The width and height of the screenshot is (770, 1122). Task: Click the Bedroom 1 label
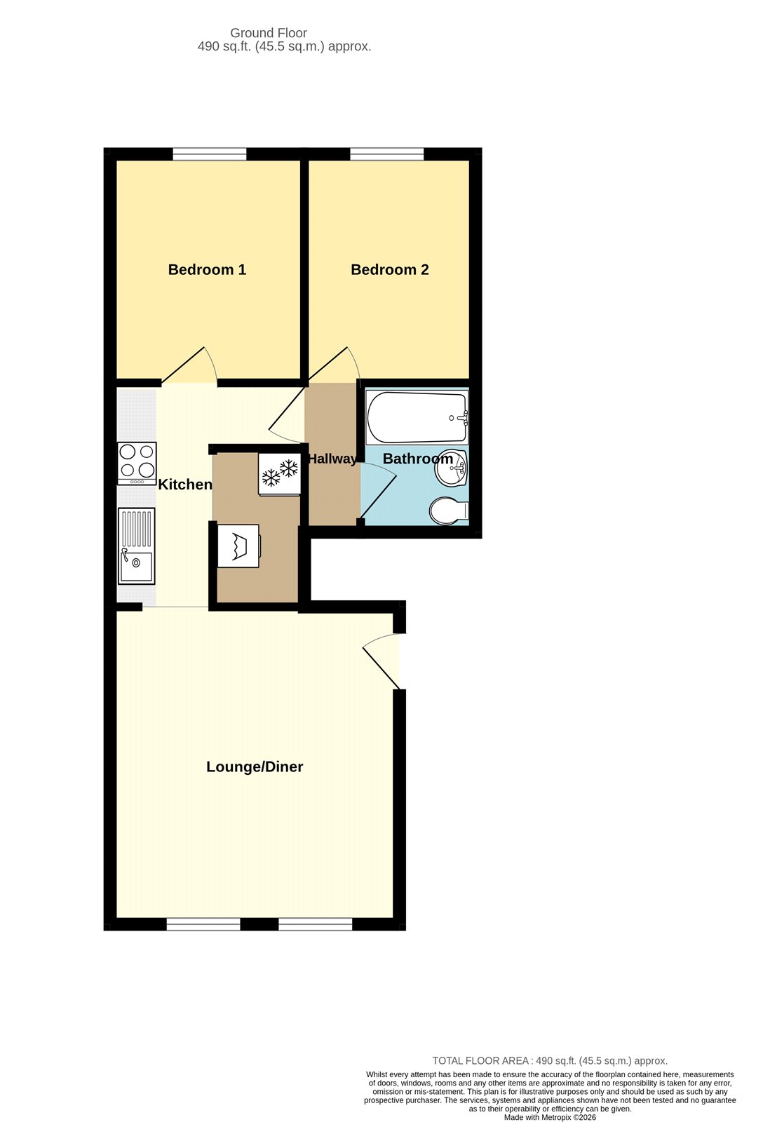point(207,270)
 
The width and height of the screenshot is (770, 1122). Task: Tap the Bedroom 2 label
point(389,270)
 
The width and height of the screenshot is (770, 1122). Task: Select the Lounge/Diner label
point(255,767)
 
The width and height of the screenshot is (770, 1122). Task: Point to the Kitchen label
point(185,485)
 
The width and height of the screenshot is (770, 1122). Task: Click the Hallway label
point(332,459)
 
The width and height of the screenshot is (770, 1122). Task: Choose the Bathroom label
point(418,459)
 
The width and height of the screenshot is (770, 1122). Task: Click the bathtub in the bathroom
point(417,417)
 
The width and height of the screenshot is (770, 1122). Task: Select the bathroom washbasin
point(451,468)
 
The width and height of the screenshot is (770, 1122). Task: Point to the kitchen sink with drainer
point(137,546)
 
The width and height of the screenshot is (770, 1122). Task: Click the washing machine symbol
point(238,546)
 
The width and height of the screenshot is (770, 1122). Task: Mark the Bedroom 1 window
point(210,154)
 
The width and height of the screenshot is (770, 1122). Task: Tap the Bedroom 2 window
point(387,154)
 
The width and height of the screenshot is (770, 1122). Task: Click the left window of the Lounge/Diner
point(203,924)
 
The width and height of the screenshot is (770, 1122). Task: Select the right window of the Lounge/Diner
point(315,924)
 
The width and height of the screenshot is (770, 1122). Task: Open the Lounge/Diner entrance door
point(383,661)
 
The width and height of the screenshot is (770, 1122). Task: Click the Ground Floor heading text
point(269,33)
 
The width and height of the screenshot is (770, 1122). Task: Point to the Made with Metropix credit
point(550,1117)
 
